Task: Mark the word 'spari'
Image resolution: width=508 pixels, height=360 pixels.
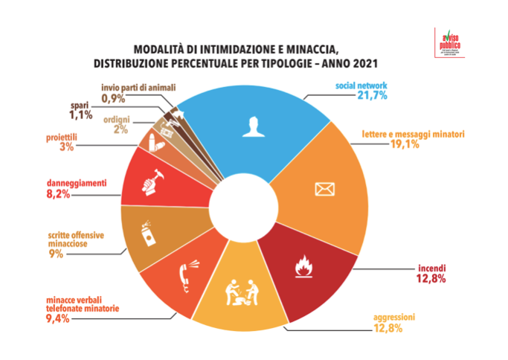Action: pyautogui.click(x=80, y=105)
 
